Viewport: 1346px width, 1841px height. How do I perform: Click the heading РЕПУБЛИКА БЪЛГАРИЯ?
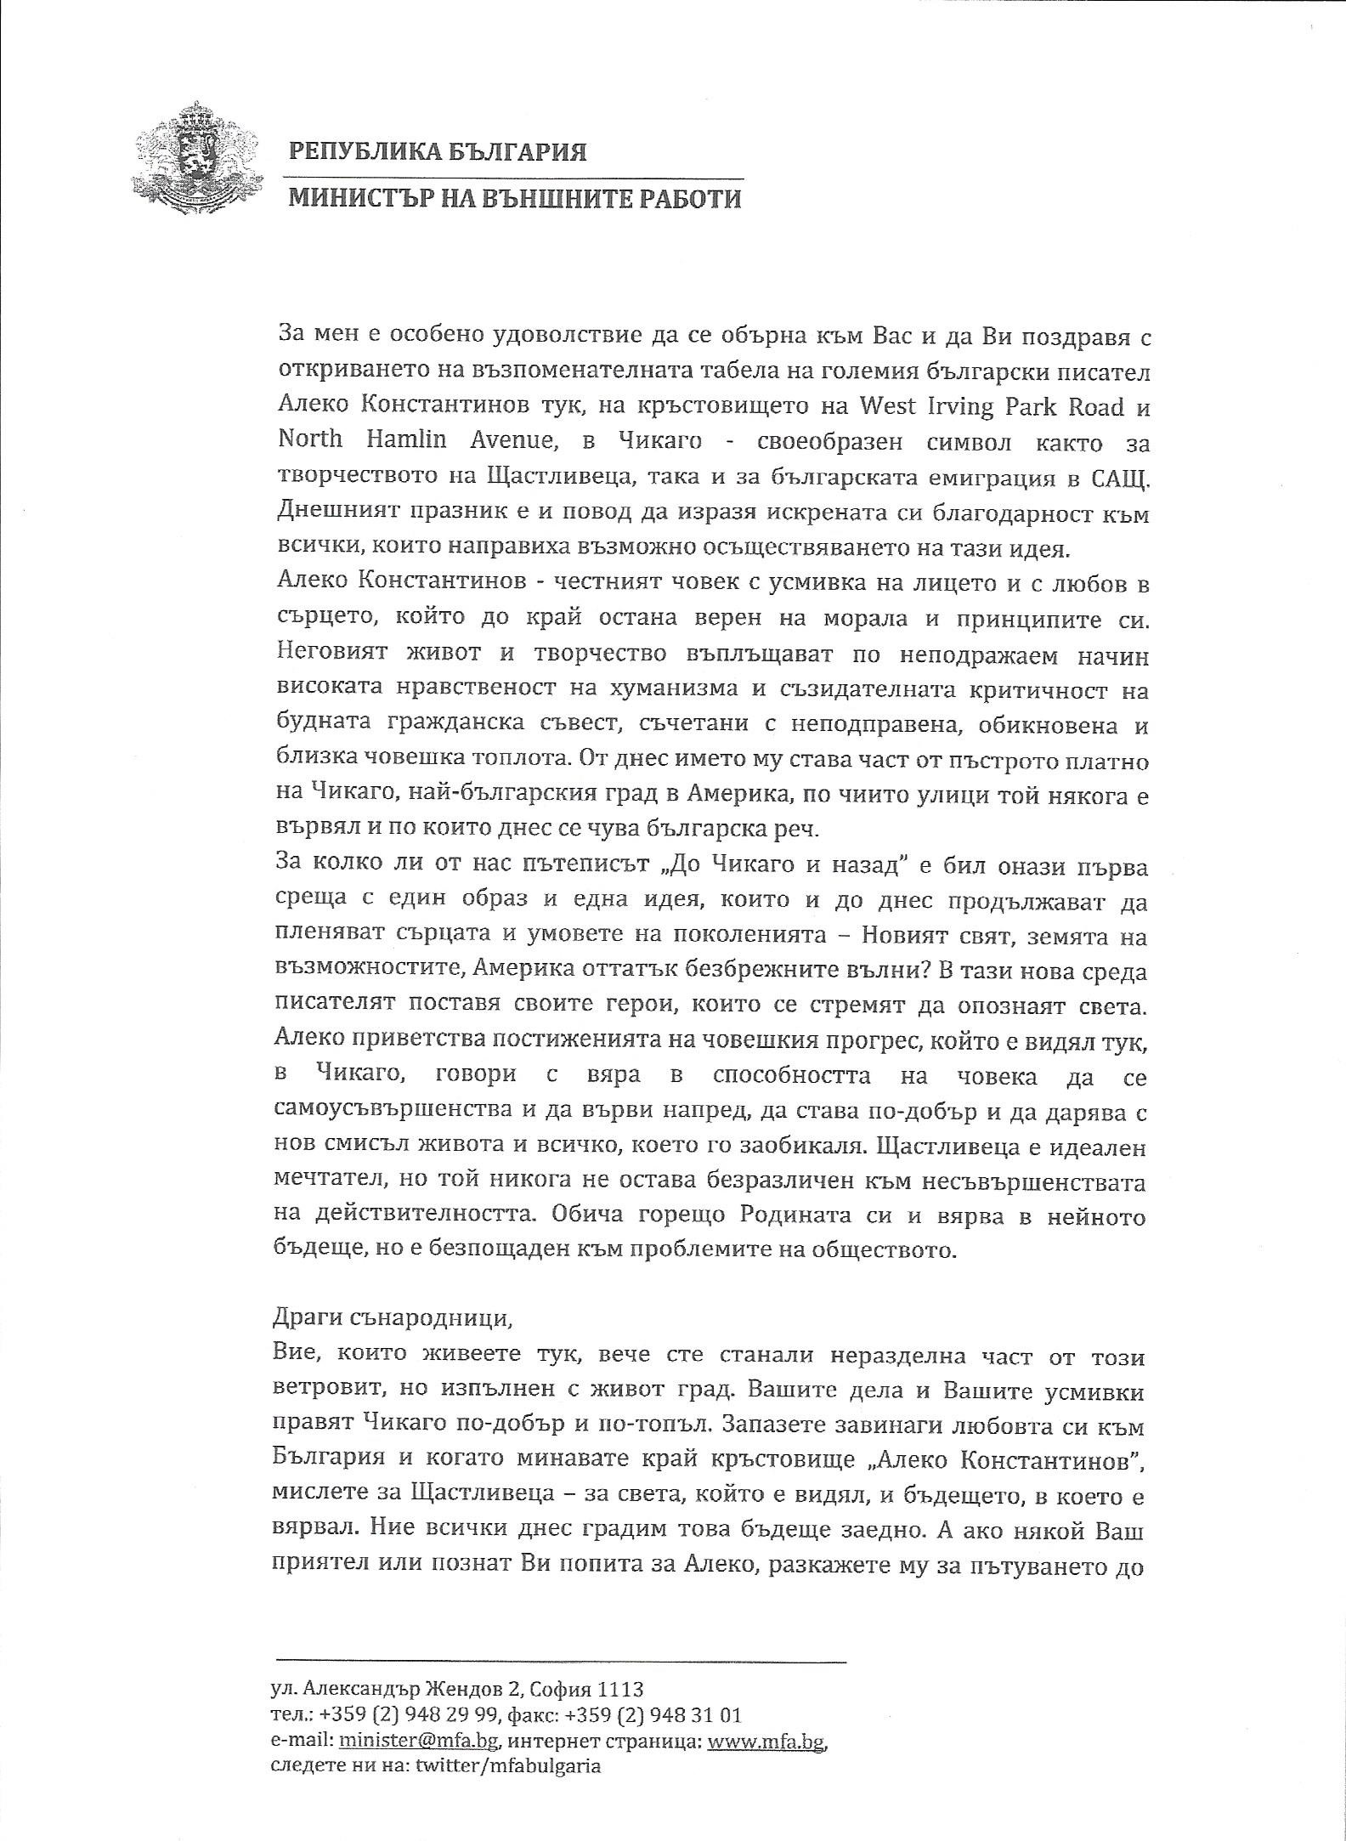438,152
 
